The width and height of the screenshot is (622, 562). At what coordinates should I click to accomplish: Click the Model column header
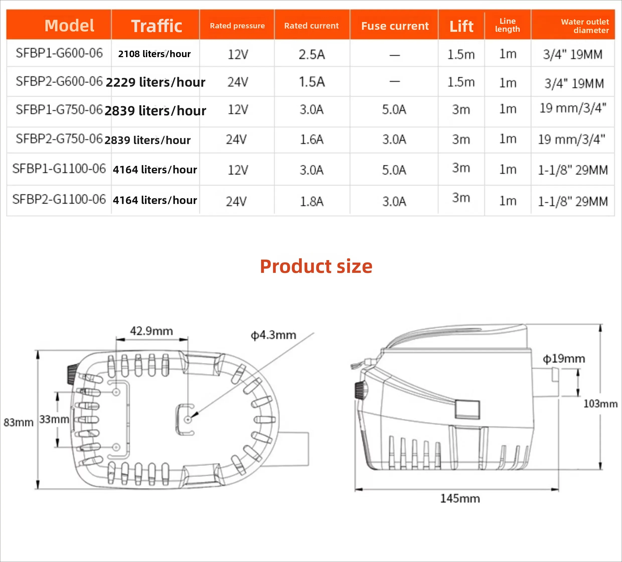pos(69,26)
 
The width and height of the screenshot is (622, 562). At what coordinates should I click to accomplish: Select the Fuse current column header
pos(395,26)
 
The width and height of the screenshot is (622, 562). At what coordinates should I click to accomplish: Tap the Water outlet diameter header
pos(585,26)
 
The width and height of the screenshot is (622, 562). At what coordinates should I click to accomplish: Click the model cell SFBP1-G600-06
pos(59,53)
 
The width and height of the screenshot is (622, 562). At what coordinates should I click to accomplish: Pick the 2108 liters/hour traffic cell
pos(154,54)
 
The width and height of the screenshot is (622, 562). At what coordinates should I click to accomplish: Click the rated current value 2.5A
pos(312,55)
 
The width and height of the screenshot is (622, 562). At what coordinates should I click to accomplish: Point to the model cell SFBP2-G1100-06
pos(59,199)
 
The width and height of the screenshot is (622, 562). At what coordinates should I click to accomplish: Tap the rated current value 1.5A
pos(312,82)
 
